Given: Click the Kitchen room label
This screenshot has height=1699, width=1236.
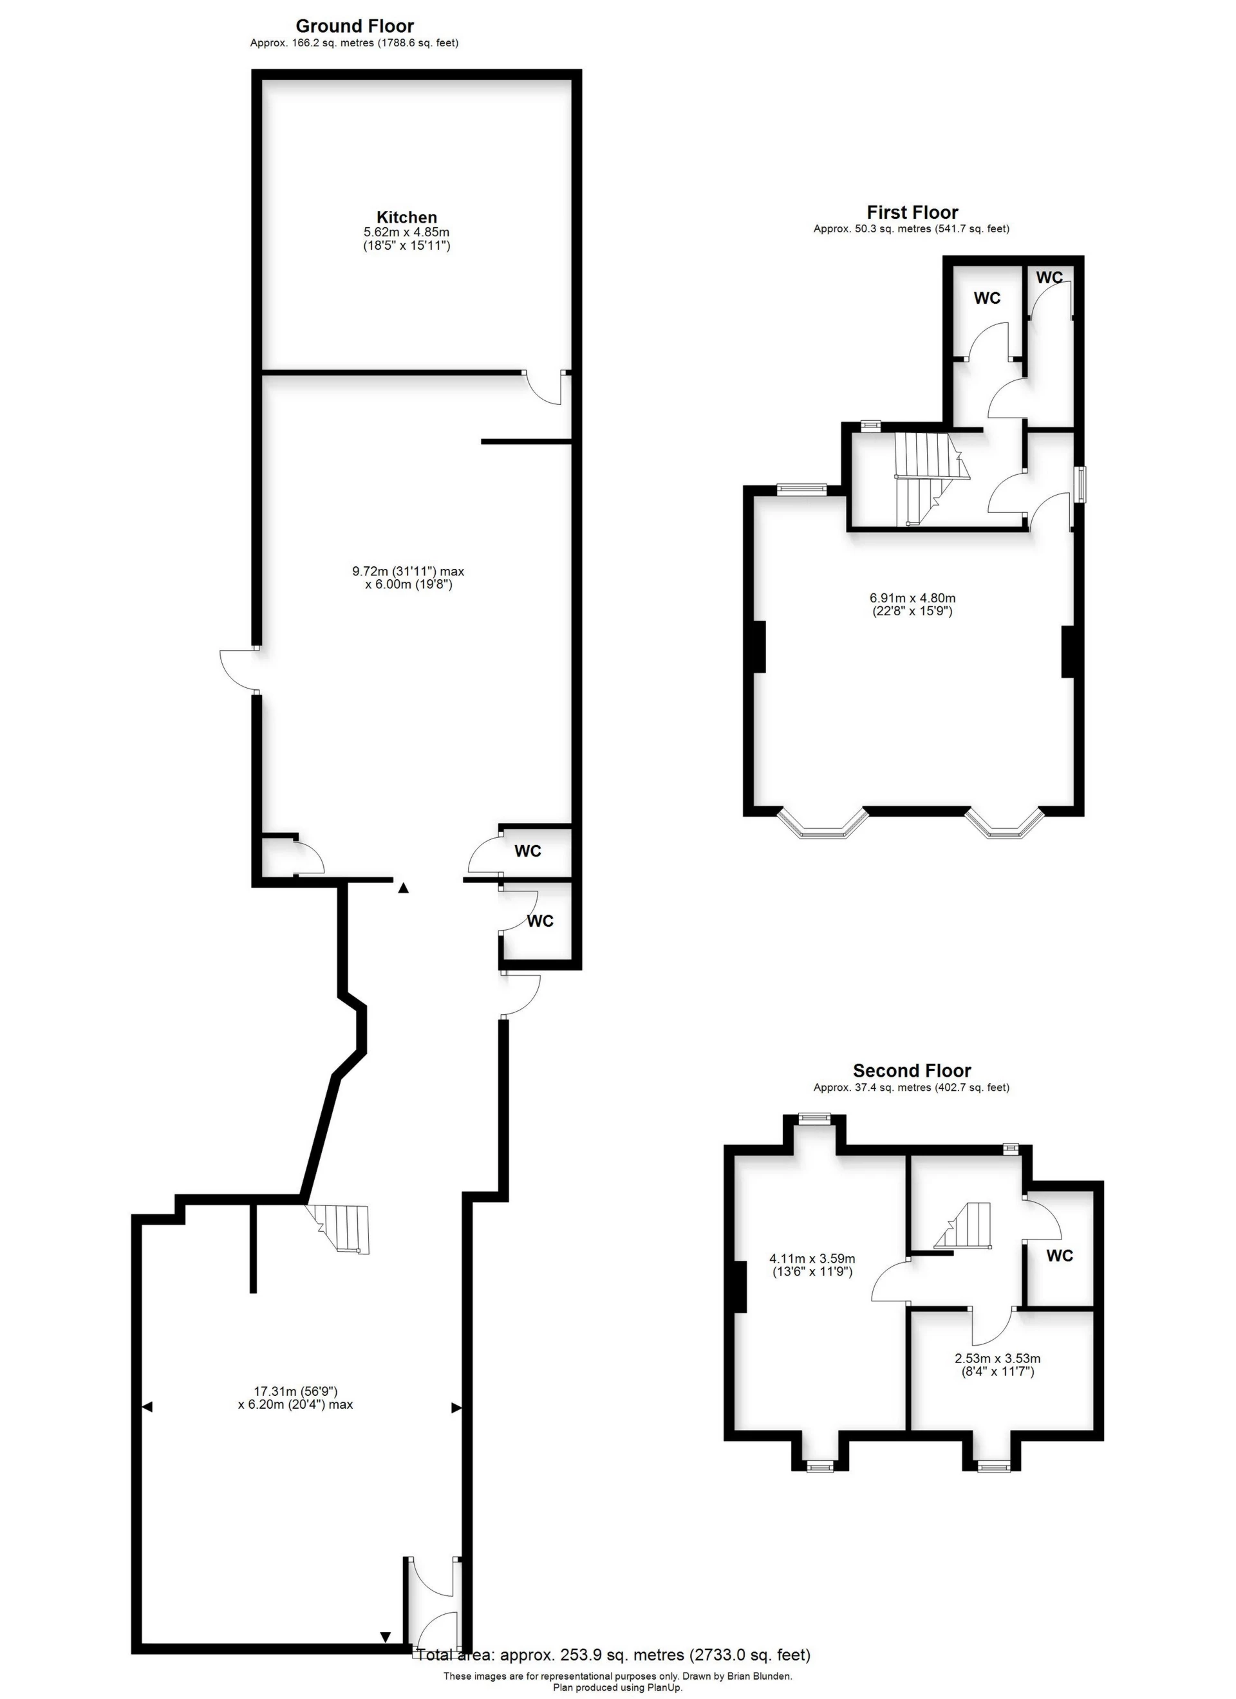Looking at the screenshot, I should point(406,218).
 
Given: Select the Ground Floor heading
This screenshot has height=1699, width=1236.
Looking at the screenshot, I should point(355,27).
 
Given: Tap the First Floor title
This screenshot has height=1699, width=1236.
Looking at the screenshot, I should point(912,212).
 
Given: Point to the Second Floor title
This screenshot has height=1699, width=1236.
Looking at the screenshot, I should point(912,1070).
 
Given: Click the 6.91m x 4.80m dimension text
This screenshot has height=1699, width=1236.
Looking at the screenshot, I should point(912,598).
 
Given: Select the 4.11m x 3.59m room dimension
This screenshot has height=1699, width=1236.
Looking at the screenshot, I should point(812,1259).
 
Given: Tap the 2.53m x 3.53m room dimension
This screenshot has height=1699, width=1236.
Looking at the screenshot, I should point(997,1358).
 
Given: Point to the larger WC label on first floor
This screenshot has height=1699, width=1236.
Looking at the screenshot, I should point(986,298).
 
